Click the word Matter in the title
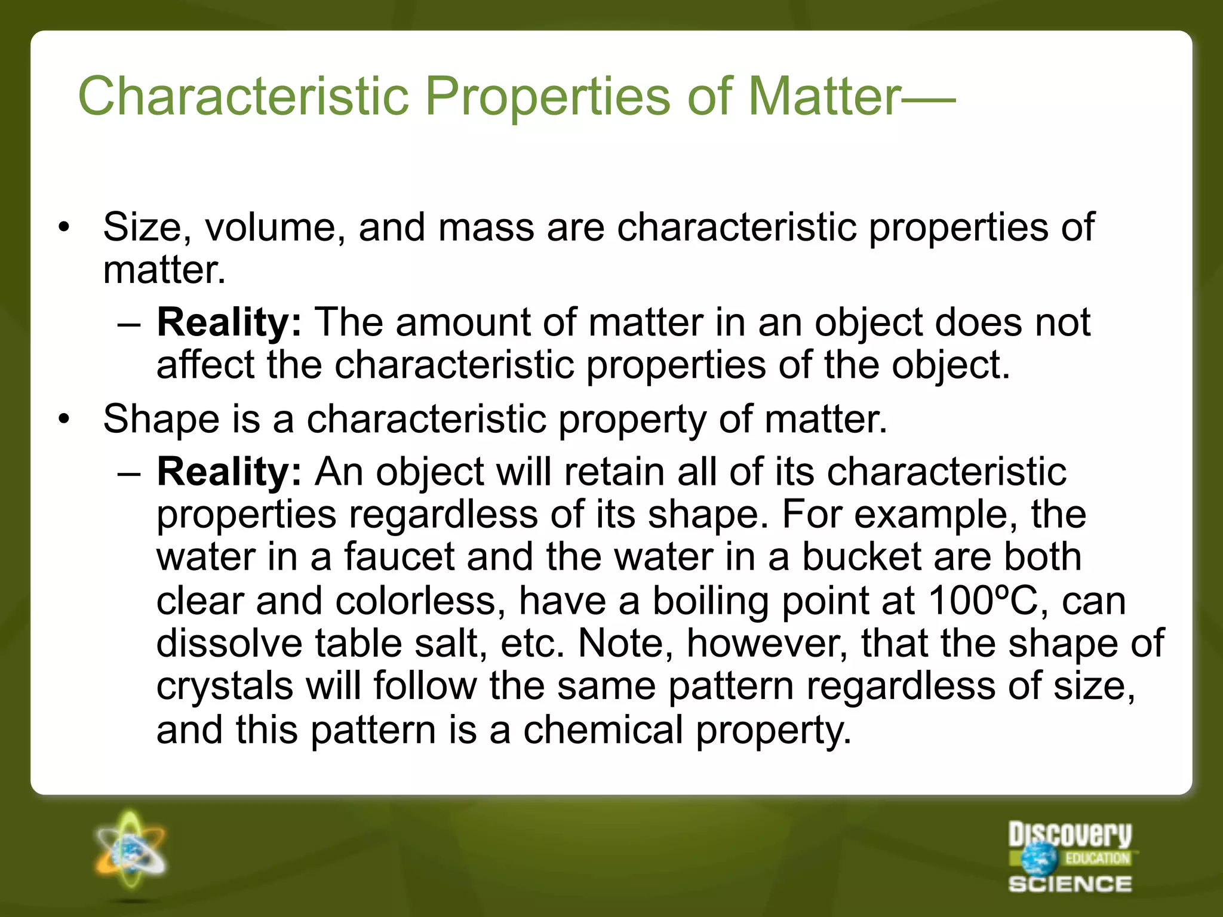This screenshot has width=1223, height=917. coord(823,97)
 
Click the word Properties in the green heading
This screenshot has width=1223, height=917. coord(547,97)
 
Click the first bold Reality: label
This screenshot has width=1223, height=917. coord(229,322)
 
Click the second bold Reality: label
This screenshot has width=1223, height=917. coord(229,472)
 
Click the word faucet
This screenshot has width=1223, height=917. coord(399,557)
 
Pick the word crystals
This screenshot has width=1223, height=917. coord(225,686)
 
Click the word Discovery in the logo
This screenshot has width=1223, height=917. coord(1070,834)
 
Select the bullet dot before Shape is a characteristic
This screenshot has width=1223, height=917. coord(64,419)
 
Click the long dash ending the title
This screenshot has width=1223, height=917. coord(929,99)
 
